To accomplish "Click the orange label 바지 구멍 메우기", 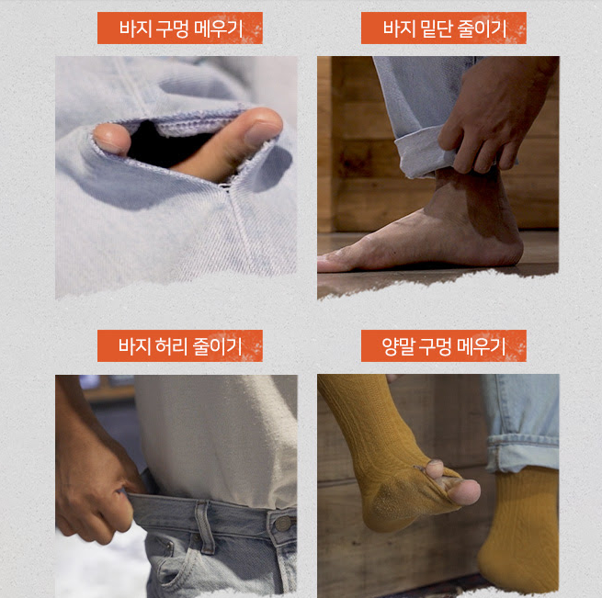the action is point(179,28).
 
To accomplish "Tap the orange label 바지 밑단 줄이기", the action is point(443,28).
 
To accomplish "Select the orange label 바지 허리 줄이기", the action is point(179,345).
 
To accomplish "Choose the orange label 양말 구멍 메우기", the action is point(443,345).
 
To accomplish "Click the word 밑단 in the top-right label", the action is point(436,28).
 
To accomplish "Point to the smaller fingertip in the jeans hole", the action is point(112,139).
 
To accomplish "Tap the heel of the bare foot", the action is point(506,250).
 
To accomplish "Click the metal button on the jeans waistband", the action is point(282,524).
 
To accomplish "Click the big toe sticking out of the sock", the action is point(464,491).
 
